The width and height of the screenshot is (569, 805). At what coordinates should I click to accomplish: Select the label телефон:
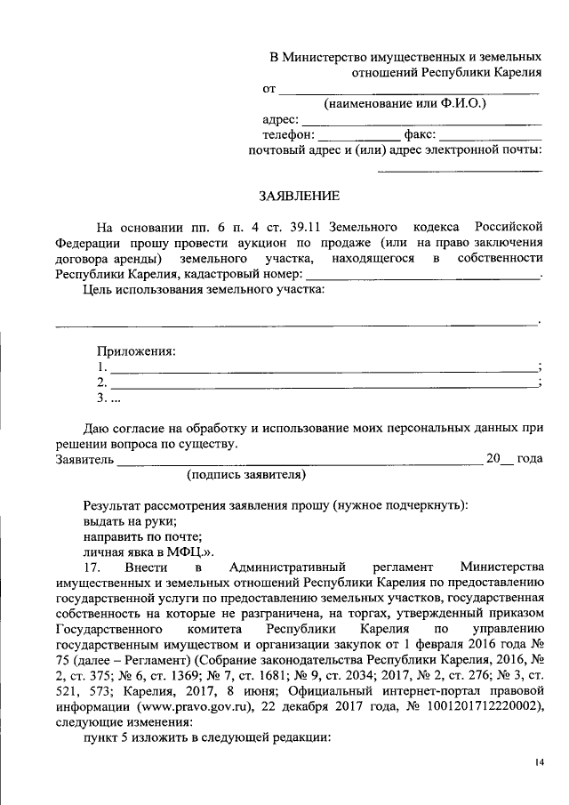pyautogui.click(x=289, y=134)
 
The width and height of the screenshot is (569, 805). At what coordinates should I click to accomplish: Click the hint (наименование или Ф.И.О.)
pyautogui.click(x=405, y=103)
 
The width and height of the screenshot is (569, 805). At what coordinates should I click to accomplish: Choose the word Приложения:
pyautogui.click(x=136, y=351)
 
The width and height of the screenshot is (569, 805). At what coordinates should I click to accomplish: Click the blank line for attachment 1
pyautogui.click(x=324, y=368)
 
